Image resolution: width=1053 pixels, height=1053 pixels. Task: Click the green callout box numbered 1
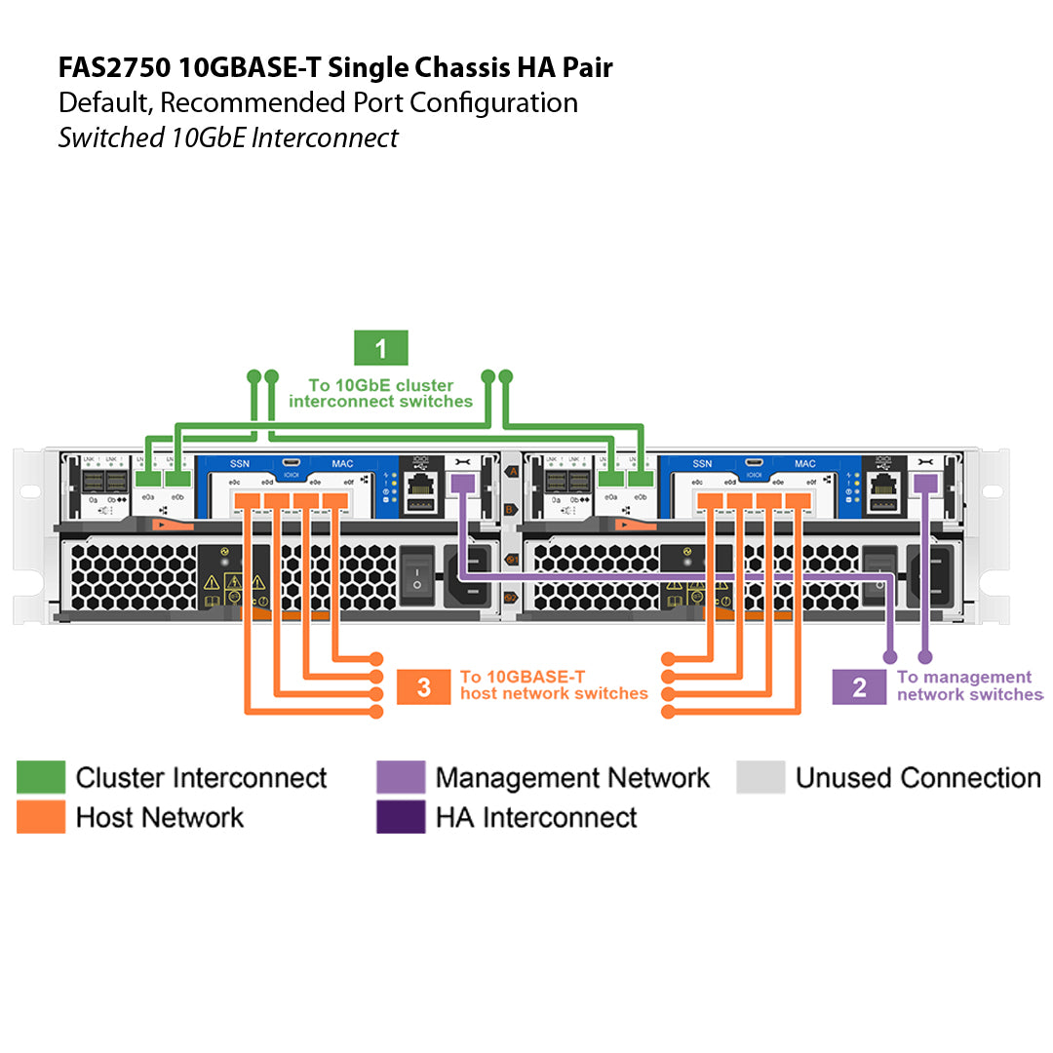coord(380,348)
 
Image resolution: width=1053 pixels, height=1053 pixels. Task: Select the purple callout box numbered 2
coord(859,686)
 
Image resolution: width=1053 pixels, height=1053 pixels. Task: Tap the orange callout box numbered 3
coord(423,686)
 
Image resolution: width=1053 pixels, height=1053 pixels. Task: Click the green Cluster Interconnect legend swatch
coord(41,777)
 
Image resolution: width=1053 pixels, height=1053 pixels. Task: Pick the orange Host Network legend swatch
coord(41,817)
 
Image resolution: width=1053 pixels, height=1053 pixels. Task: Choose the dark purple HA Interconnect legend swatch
coord(401,817)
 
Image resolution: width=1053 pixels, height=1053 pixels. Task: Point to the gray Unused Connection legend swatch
coord(760,777)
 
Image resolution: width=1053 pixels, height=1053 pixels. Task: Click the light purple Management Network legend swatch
coord(401,777)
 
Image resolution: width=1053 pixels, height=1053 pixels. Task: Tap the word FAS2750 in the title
coord(115,67)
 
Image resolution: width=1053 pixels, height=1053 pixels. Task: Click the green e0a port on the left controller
coord(148,479)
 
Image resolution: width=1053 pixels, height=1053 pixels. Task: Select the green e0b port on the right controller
coord(641,479)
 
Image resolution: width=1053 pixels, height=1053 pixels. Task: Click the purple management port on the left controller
coord(462,484)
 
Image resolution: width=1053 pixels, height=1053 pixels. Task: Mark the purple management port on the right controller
coord(925,484)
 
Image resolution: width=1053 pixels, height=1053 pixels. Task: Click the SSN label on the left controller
coord(240,464)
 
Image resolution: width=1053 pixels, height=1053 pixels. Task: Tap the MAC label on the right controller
coord(805,464)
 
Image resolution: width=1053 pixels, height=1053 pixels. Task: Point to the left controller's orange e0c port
coord(248,501)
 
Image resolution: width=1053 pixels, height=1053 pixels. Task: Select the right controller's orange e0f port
coord(799,501)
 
